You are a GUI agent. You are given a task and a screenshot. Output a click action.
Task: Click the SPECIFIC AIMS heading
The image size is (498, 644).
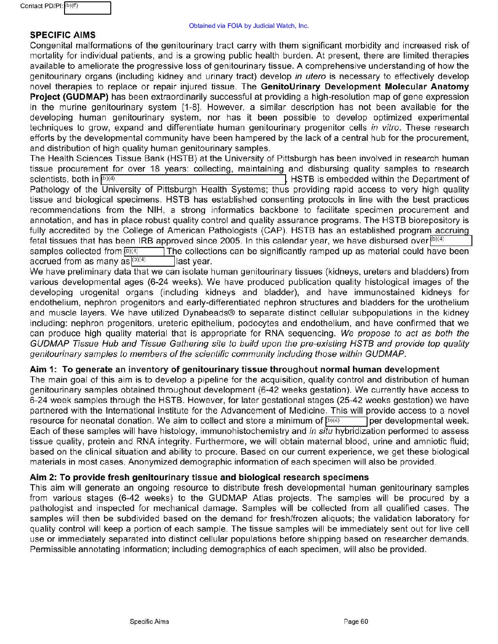pos(63,35)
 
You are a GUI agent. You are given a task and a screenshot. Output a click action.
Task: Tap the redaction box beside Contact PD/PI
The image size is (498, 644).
pos(87,8)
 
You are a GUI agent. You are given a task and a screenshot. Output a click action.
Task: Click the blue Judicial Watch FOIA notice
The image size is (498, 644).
pos(249,26)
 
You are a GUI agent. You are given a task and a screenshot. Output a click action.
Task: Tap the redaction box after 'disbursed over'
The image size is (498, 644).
pos(451,241)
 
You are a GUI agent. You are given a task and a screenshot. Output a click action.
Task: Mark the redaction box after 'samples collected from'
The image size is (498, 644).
pos(144,252)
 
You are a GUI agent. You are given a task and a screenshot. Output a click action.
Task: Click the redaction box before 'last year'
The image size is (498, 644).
pos(152,262)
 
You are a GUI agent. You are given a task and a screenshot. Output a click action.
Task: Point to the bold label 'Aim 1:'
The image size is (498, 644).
pos(44,370)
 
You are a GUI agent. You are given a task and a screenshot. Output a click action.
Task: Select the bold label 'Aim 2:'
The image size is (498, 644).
pos(44,478)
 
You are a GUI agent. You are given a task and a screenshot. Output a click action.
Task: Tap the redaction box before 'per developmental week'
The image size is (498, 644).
pos(346,421)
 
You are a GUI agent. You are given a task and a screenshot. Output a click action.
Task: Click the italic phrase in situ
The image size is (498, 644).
pos(320,431)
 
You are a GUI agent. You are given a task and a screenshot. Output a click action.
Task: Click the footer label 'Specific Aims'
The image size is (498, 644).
pos(149,622)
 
